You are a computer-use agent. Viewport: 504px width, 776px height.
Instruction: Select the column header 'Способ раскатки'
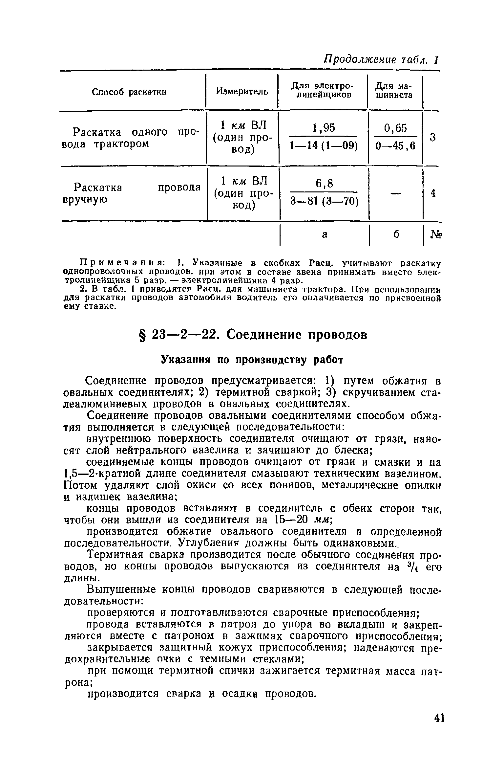[x=129, y=92]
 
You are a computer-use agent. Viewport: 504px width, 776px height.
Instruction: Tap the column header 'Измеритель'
[x=242, y=92]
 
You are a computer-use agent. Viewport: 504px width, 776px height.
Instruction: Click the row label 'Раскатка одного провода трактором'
[x=131, y=138]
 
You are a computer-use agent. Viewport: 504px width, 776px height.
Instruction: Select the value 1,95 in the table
[x=324, y=128]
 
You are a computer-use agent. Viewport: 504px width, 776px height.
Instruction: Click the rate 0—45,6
[x=395, y=145]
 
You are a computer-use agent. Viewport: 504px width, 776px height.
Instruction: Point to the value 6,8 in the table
[x=324, y=184]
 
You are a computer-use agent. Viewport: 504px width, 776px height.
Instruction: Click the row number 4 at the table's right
[x=433, y=193]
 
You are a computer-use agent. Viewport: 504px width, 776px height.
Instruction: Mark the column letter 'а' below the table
[x=325, y=234]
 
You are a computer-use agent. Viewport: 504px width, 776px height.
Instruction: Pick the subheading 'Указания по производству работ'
[x=252, y=360]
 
